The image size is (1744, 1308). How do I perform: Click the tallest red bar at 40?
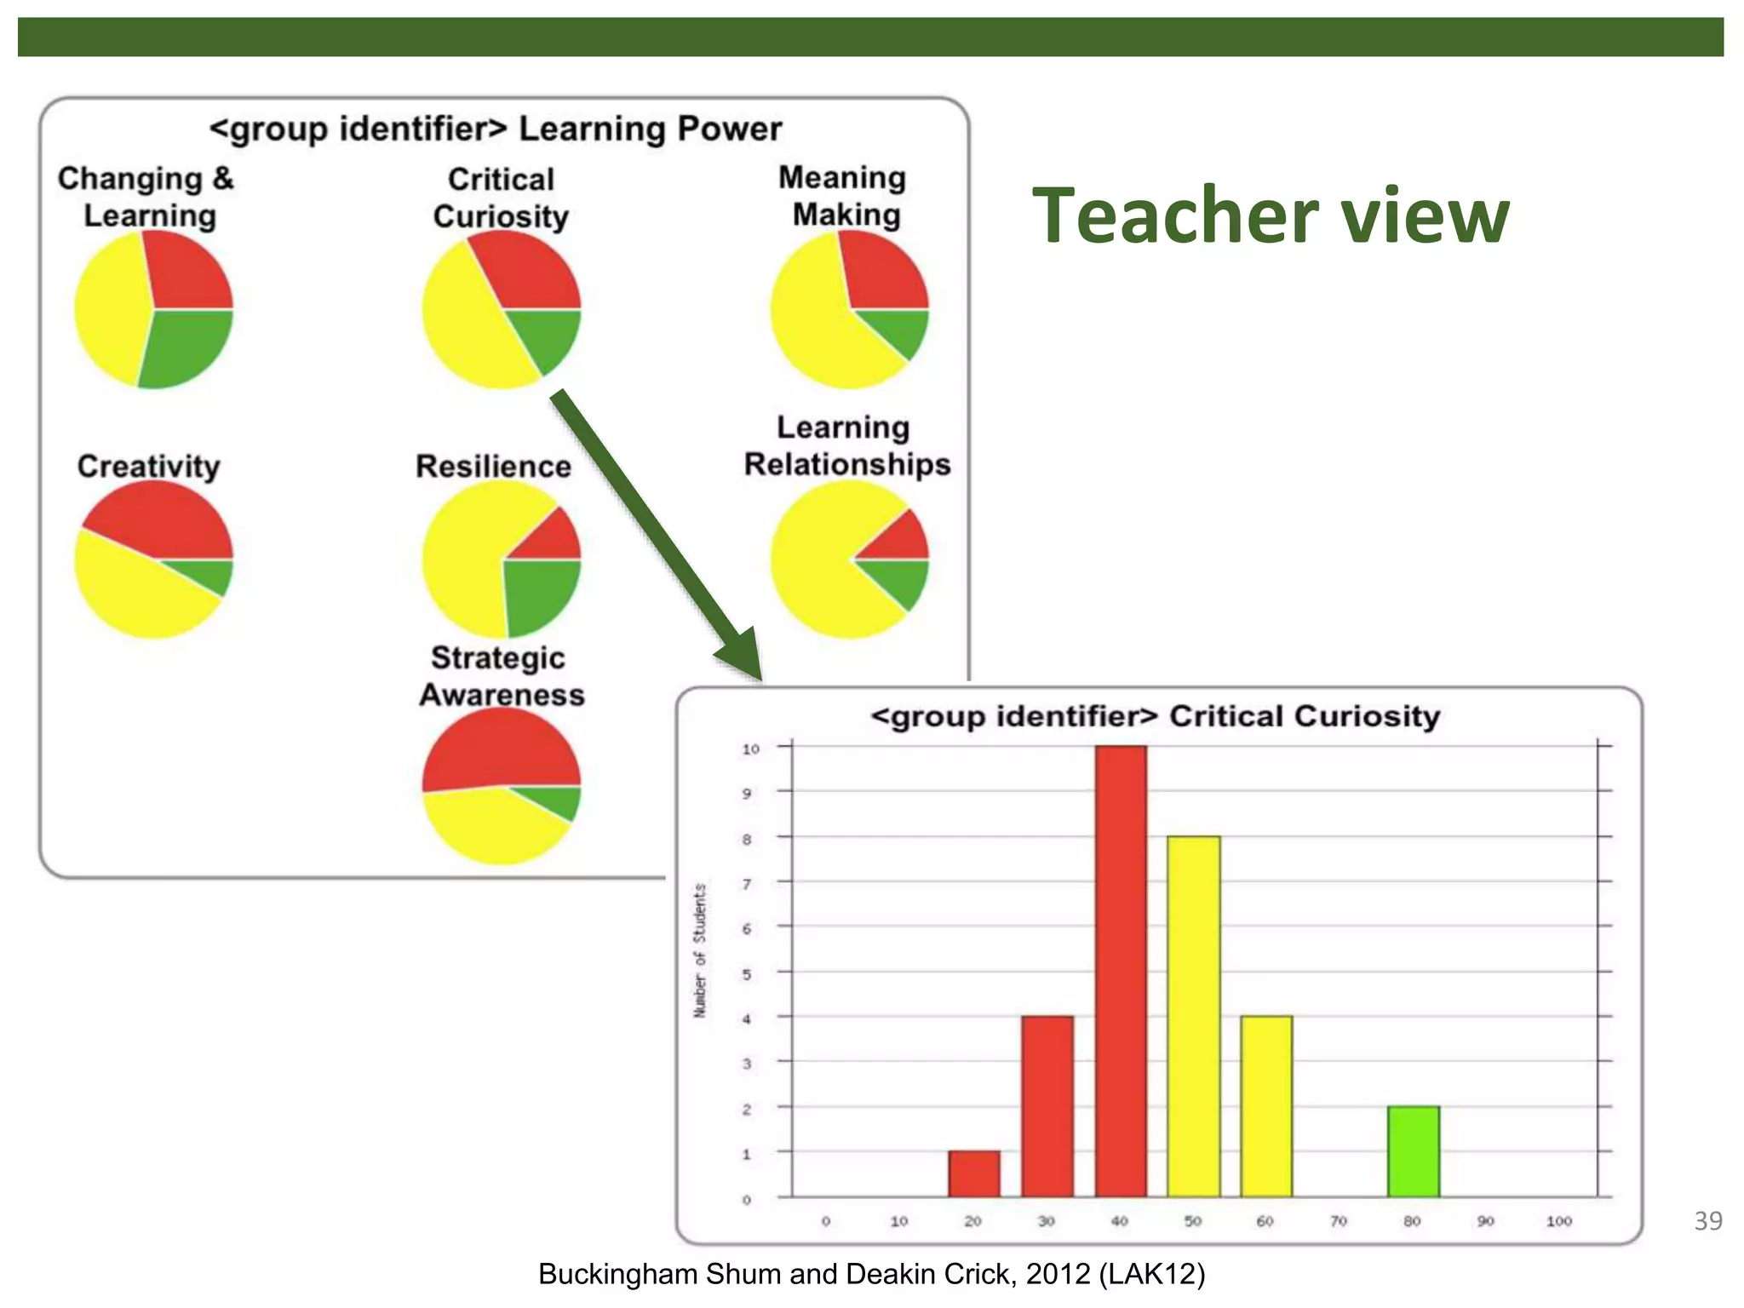click(x=1121, y=971)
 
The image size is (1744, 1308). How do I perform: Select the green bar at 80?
click(x=1414, y=1151)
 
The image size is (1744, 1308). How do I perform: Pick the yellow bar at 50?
click(x=1194, y=1017)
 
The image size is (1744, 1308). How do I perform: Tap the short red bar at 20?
click(x=974, y=1174)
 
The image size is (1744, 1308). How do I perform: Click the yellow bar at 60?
click(x=1266, y=1107)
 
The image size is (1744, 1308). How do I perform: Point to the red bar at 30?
click(x=1047, y=1107)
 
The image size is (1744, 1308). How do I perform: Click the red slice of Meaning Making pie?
click(x=881, y=272)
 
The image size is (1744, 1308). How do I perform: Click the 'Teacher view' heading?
click(x=1271, y=216)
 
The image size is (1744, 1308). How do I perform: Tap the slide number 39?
click(x=1708, y=1221)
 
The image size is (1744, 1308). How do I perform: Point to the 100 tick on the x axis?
click(x=1559, y=1221)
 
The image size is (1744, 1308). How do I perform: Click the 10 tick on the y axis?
click(x=750, y=749)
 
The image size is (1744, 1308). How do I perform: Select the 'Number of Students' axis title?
click(x=700, y=950)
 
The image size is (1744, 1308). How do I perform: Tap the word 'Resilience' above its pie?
click(x=493, y=467)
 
